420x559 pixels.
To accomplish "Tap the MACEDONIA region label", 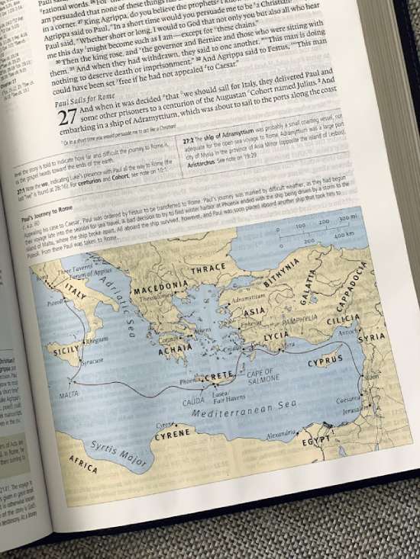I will tap(160, 289).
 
